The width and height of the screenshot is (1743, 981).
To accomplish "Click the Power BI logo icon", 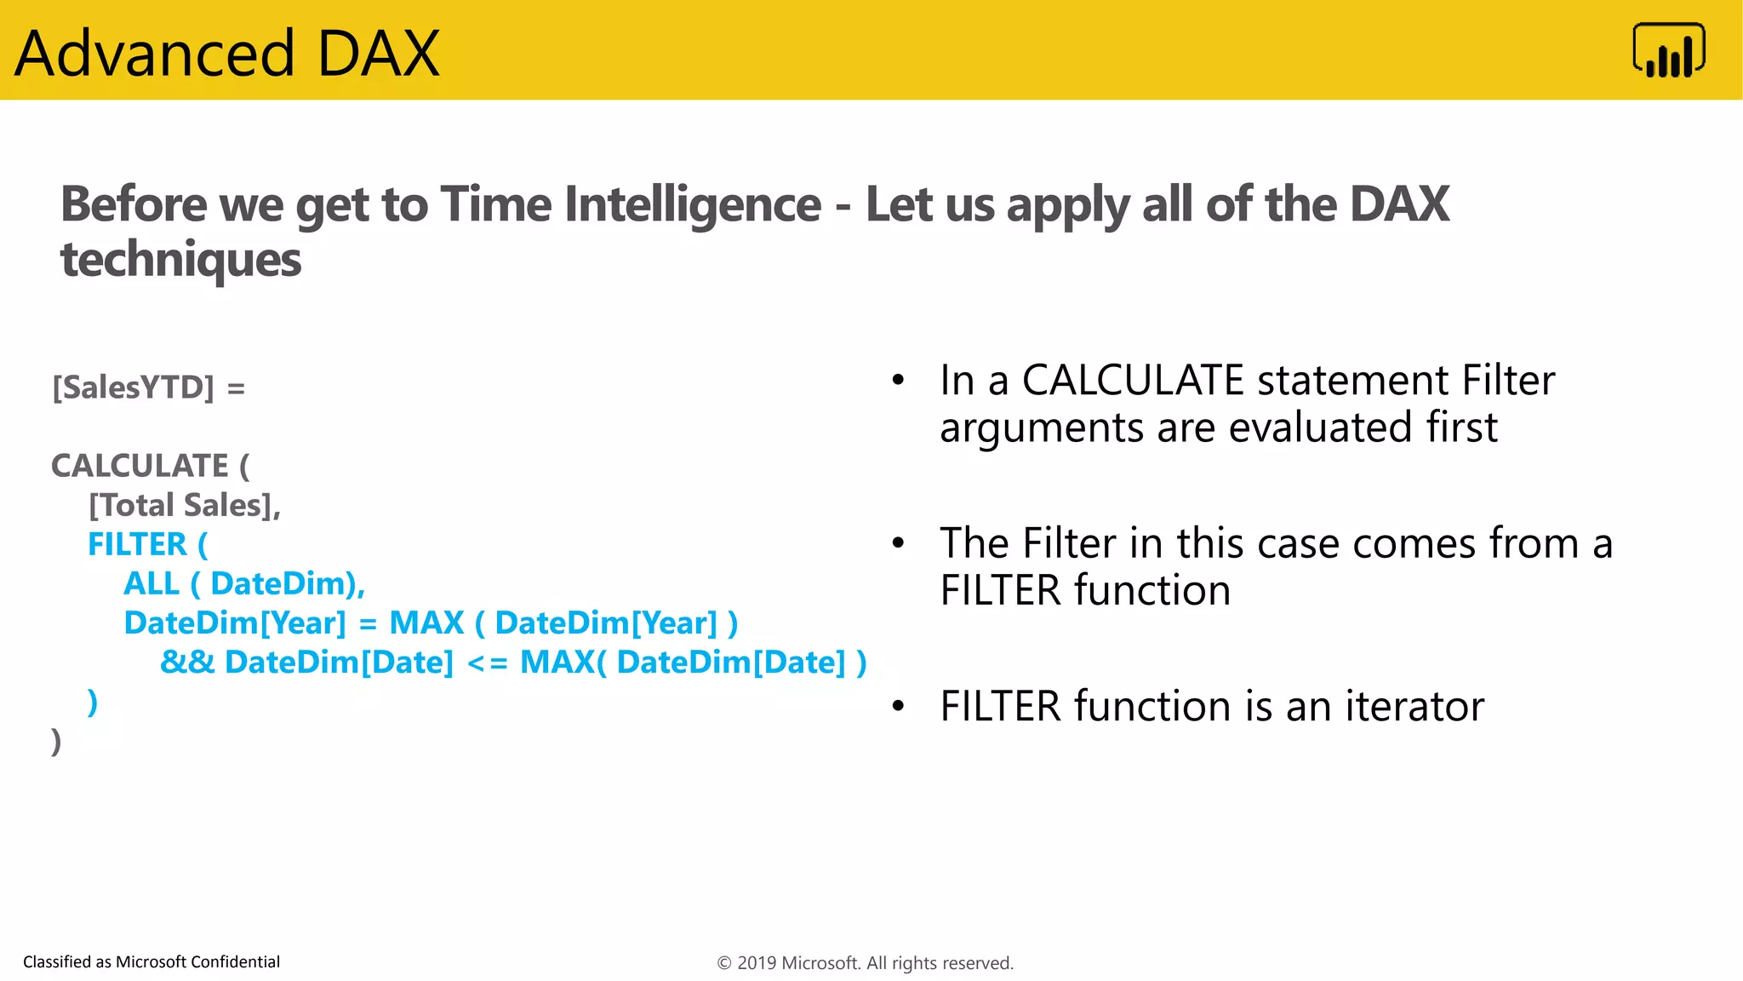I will click(1668, 51).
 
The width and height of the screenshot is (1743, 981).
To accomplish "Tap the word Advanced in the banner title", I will click(155, 54).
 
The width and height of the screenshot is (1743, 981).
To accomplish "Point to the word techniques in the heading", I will click(180, 259).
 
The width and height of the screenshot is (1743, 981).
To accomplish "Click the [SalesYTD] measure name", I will click(134, 387).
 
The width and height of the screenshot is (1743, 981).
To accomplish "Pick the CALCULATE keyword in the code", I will click(140, 466).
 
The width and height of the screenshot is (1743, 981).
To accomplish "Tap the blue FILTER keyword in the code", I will click(137, 544).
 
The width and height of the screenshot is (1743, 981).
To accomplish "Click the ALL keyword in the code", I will click(151, 583).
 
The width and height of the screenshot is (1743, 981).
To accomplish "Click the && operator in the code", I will click(187, 662).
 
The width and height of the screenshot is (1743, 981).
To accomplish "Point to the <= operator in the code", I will click(487, 663).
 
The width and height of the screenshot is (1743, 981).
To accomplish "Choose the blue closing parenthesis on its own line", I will click(93, 702).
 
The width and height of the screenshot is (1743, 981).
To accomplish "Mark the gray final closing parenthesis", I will click(56, 741).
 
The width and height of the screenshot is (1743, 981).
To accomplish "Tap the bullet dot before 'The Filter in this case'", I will click(898, 542).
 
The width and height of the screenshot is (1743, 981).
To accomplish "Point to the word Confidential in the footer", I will click(235, 961).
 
